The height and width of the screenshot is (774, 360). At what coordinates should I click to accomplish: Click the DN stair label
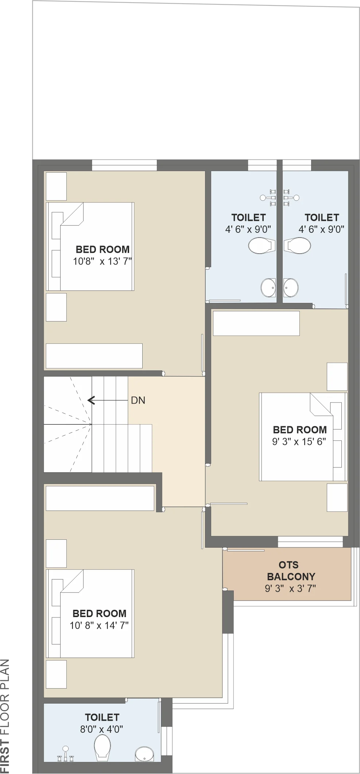138,400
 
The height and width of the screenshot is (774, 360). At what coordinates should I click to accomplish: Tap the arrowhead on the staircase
91,400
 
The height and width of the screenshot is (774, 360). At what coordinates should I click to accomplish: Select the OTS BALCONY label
291,571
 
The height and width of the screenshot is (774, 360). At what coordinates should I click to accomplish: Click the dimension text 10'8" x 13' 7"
102,261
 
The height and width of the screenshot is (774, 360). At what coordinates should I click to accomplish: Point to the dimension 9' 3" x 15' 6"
299,442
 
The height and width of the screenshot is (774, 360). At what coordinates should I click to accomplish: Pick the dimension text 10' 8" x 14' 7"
99,625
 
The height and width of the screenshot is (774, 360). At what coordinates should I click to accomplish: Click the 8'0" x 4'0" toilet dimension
102,729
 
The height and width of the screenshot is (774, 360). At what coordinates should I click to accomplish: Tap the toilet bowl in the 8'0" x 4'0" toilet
102,747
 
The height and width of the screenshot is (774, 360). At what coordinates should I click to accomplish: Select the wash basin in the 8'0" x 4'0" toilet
144,754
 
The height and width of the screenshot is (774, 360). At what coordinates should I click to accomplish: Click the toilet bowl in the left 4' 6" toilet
262,246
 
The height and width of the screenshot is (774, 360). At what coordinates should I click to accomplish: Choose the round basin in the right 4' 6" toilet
291,288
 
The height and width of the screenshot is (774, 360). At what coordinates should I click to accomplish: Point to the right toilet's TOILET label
322,217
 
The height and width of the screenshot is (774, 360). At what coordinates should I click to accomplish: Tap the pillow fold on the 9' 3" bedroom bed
321,404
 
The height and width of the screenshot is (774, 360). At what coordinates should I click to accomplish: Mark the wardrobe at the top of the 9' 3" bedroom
256,323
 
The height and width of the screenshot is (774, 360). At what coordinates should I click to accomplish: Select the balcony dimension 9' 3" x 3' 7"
290,588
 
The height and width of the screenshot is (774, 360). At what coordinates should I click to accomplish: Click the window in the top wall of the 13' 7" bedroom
124,165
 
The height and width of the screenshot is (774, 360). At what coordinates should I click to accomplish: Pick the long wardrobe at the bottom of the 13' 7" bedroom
94,356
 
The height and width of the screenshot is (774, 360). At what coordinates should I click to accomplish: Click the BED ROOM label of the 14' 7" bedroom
99,613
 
